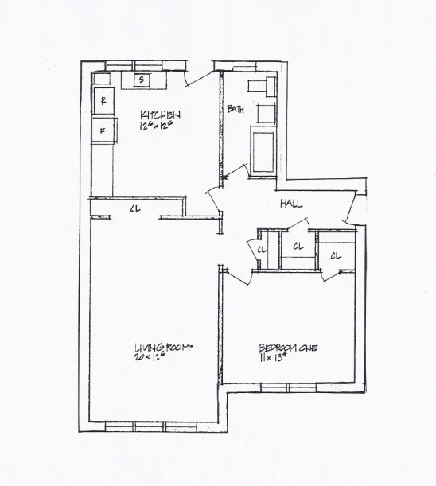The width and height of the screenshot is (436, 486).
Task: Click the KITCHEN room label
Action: pos(162,114)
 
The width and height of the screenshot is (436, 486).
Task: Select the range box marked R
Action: pos(103,100)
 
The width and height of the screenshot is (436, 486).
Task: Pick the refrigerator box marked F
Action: pos(103,130)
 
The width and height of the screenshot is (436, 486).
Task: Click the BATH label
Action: pos(235,109)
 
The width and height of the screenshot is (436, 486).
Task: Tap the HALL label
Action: pos(291,204)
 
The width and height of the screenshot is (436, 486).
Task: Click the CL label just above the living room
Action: pos(135,210)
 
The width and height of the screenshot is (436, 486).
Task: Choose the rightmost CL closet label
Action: pos(336,256)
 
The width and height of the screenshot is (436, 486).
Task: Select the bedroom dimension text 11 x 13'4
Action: pos(272,359)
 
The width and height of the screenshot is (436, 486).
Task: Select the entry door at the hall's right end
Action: pos(351,209)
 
